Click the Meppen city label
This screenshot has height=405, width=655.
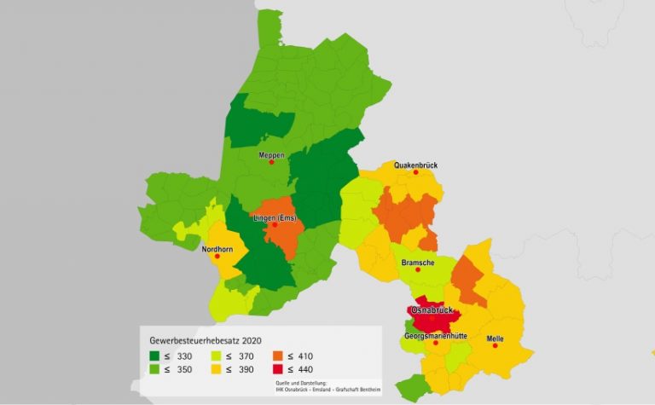click(x=271, y=154)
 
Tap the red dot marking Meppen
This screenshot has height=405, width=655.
click(x=271, y=162)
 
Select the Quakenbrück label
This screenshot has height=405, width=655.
click(x=416, y=165)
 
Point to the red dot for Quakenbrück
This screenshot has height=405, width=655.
click(x=416, y=172)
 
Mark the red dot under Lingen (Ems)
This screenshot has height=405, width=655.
click(x=275, y=226)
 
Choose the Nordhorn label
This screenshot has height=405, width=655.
click(x=217, y=247)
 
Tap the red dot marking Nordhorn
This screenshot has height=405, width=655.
click(x=217, y=256)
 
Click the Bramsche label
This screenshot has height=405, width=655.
click(x=418, y=263)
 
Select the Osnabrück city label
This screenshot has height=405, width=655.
click(x=434, y=310)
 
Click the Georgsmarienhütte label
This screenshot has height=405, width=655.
click(x=435, y=336)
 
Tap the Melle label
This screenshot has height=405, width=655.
click(x=495, y=338)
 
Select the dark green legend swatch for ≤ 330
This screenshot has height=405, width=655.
click(x=155, y=355)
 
